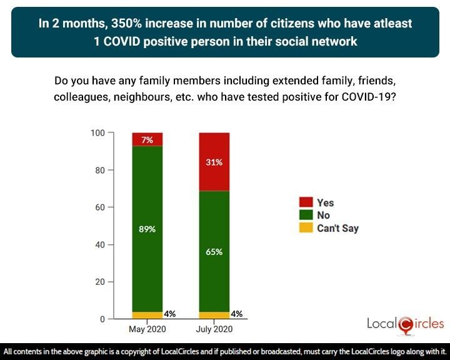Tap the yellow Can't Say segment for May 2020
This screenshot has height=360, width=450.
tap(147, 315)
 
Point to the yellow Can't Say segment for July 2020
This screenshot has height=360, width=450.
tap(214, 315)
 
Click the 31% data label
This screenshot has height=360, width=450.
tap(214, 162)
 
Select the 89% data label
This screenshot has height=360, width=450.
tap(147, 229)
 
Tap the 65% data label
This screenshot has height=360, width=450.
tap(214, 252)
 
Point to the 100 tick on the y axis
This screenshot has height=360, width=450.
tap(98, 132)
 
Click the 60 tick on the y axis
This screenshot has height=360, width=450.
tap(100, 207)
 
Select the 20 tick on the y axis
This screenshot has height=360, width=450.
tap(100, 282)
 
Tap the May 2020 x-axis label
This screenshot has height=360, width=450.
tap(147, 329)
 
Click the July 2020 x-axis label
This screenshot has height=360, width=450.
tap(214, 329)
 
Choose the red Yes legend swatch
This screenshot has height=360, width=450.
tap(306, 202)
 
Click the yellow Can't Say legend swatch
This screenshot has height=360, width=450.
tap(306, 228)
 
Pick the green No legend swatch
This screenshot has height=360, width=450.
tap(306, 216)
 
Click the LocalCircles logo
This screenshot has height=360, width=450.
tap(406, 323)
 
